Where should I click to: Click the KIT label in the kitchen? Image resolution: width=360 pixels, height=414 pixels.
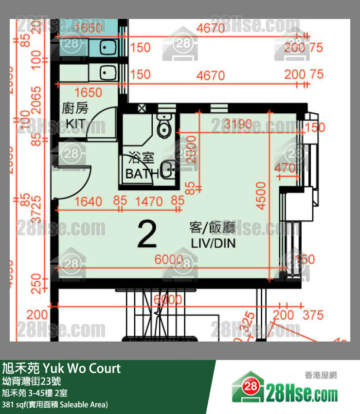(75, 124)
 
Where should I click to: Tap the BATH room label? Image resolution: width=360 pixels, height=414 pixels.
(142, 173)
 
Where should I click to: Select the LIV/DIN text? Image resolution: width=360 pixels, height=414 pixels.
(212, 243)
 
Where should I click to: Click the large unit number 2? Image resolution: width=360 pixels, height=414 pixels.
(147, 234)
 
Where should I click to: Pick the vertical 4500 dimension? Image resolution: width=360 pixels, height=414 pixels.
(261, 196)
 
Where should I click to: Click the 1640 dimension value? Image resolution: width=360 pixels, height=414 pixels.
(89, 200)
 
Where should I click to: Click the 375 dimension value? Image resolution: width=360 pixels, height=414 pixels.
(313, 315)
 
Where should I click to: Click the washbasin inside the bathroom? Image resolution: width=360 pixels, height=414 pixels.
(167, 170)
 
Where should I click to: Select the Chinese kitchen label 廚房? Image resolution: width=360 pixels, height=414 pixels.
(75, 108)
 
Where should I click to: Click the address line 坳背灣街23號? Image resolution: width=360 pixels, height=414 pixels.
(32, 381)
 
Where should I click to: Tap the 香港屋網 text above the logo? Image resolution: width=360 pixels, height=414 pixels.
(321, 375)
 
